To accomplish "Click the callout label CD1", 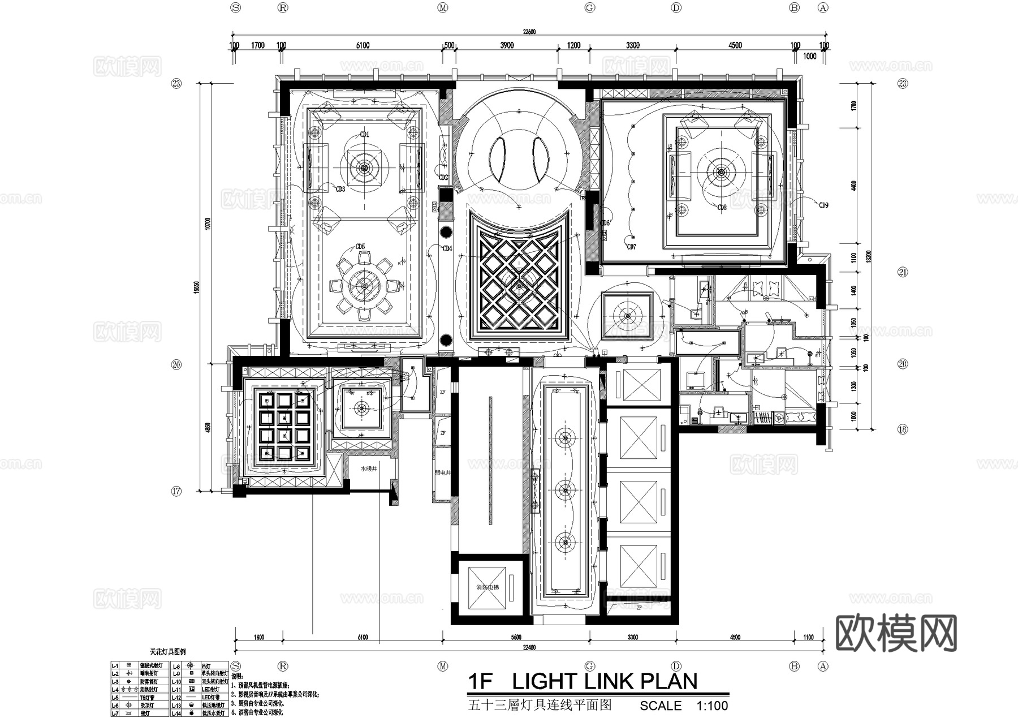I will (365, 135).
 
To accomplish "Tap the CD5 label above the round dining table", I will (360, 247).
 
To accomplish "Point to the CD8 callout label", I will (722, 208).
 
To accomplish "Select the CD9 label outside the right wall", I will (823, 205).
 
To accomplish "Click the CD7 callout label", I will (632, 247).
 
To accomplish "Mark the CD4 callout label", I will (447, 248).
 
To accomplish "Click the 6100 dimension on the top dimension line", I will (363, 45).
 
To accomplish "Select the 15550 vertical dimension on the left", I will (196, 287).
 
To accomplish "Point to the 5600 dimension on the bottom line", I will (515, 637).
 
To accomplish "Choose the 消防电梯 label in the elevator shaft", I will (488, 587).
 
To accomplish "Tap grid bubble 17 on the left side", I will (176, 491).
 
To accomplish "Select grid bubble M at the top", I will (443, 7).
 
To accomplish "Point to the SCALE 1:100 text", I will (684, 706).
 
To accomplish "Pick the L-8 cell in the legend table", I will (176, 667).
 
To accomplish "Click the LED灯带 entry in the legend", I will (210, 698).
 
